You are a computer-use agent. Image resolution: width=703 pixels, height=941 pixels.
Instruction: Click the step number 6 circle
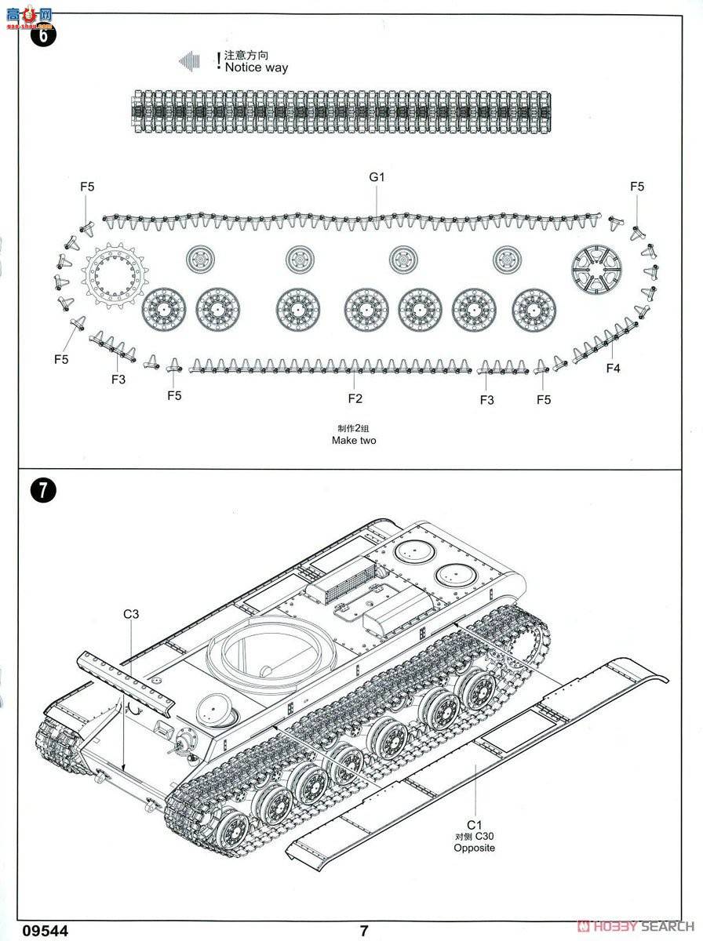(43, 36)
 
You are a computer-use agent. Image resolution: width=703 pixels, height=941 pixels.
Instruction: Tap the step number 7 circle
(43, 491)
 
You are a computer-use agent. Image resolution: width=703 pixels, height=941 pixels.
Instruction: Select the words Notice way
(256, 68)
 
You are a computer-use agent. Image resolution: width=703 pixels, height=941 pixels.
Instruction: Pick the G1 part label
(377, 177)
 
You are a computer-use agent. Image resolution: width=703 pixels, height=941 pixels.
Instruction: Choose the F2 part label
(355, 399)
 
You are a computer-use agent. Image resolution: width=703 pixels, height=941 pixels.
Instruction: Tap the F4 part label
(613, 368)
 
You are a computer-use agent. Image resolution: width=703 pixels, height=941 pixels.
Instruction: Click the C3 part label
(131, 614)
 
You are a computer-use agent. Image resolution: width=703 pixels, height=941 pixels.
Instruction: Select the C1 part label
(474, 824)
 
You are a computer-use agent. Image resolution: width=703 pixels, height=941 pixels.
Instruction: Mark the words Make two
(354, 441)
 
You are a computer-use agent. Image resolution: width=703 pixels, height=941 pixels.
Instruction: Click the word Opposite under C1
(474, 848)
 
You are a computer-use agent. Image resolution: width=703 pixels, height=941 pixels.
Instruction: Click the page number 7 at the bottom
(363, 931)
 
